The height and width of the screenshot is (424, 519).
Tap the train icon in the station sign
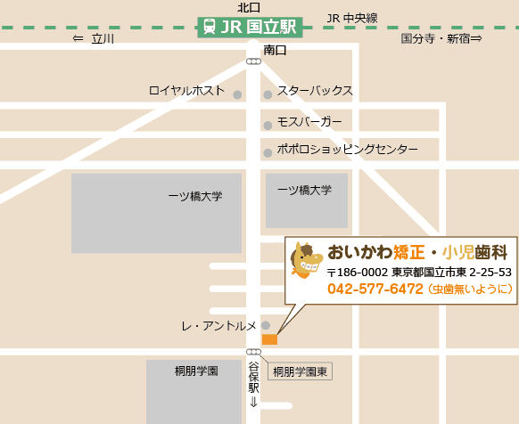[209, 27]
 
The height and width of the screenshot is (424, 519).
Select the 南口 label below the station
[276, 51]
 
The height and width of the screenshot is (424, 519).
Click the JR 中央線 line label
[352, 18]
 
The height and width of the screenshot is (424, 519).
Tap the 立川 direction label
[94, 39]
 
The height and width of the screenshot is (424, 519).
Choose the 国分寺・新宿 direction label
[441, 39]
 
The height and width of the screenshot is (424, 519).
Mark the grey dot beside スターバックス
[268, 94]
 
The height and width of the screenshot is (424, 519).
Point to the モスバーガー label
[309, 121]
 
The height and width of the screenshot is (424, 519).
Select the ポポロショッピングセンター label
[347, 150]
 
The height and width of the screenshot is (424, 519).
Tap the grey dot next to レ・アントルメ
[266, 325]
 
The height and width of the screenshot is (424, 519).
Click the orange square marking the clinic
[270, 339]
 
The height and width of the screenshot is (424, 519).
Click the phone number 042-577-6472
[375, 289]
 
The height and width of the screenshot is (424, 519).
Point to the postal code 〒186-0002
[357, 272]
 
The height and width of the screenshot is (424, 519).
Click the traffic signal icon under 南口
[253, 62]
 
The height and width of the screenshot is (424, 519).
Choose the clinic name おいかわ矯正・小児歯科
[416, 251]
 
